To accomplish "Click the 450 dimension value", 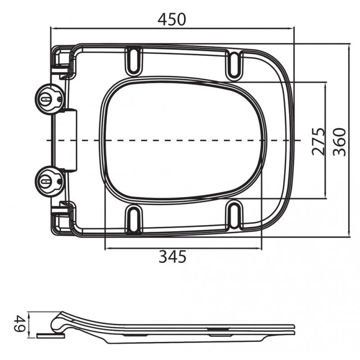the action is [171, 19].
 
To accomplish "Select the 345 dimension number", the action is [172, 256].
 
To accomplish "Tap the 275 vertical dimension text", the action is [319, 141].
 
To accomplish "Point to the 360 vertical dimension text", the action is [339, 142].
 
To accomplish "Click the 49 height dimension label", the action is [19, 324].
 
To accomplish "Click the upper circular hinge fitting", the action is [49, 99].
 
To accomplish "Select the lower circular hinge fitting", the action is [49, 181].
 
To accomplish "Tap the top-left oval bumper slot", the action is [134, 61].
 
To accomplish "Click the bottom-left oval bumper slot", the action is [134, 218].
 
